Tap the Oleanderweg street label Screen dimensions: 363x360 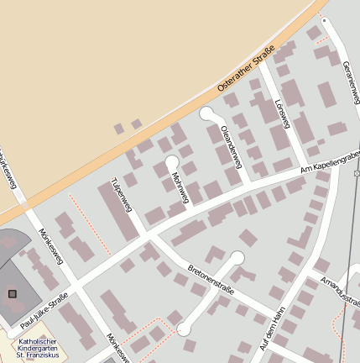click(230, 144)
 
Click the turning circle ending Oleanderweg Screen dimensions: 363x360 click(206, 113)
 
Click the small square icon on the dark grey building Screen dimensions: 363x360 click(12, 293)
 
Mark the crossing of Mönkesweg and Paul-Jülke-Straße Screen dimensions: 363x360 click(77, 289)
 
